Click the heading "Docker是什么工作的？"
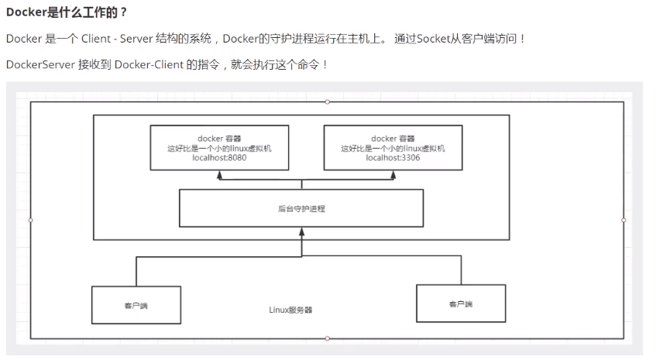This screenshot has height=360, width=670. click(x=67, y=12)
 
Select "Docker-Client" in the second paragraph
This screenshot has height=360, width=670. click(x=149, y=64)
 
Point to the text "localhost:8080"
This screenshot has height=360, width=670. click(x=219, y=158)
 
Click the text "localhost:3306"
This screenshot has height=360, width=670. click(x=393, y=158)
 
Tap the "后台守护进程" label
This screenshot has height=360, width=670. click(x=301, y=208)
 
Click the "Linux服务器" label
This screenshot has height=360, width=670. click(x=290, y=310)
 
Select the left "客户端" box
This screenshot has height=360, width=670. click(x=136, y=305)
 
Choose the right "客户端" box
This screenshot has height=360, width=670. click(x=461, y=303)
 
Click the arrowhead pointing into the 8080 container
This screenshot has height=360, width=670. click(x=220, y=175)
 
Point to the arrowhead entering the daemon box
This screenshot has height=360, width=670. click(x=301, y=231)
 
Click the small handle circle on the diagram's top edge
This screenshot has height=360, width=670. click(x=327, y=101)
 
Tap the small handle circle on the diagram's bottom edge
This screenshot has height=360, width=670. click(x=327, y=338)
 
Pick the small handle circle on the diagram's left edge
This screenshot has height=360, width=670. click(x=31, y=220)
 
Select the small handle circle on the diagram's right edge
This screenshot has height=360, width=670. click(x=624, y=220)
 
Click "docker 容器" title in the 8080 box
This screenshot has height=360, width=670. click(x=219, y=139)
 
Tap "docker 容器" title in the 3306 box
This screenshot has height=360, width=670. click(x=393, y=139)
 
